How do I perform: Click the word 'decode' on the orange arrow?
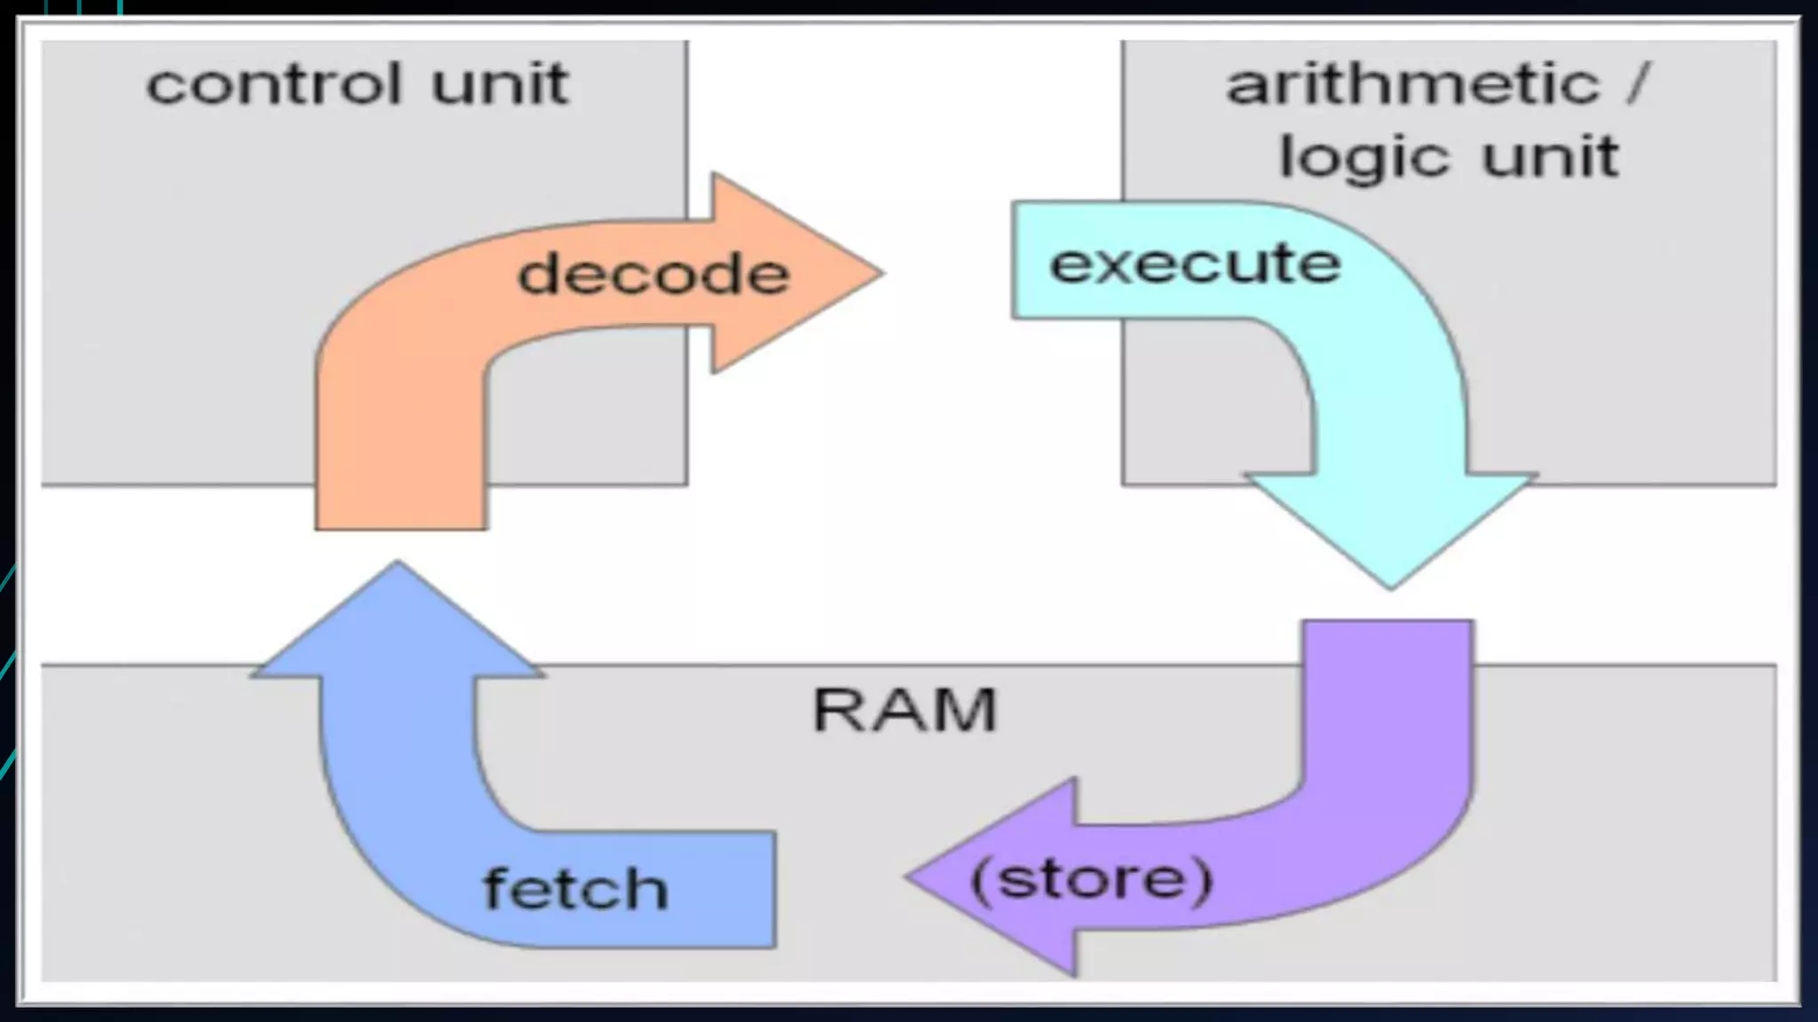tap(653, 273)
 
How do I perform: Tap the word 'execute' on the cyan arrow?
tap(1195, 263)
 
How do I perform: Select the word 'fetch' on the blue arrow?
tap(575, 889)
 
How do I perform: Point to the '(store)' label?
tap(1092, 880)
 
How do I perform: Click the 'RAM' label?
tap(905, 710)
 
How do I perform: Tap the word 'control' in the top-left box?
tap(273, 85)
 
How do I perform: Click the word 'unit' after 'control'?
tap(500, 85)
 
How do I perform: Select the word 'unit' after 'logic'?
tap(1550, 158)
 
